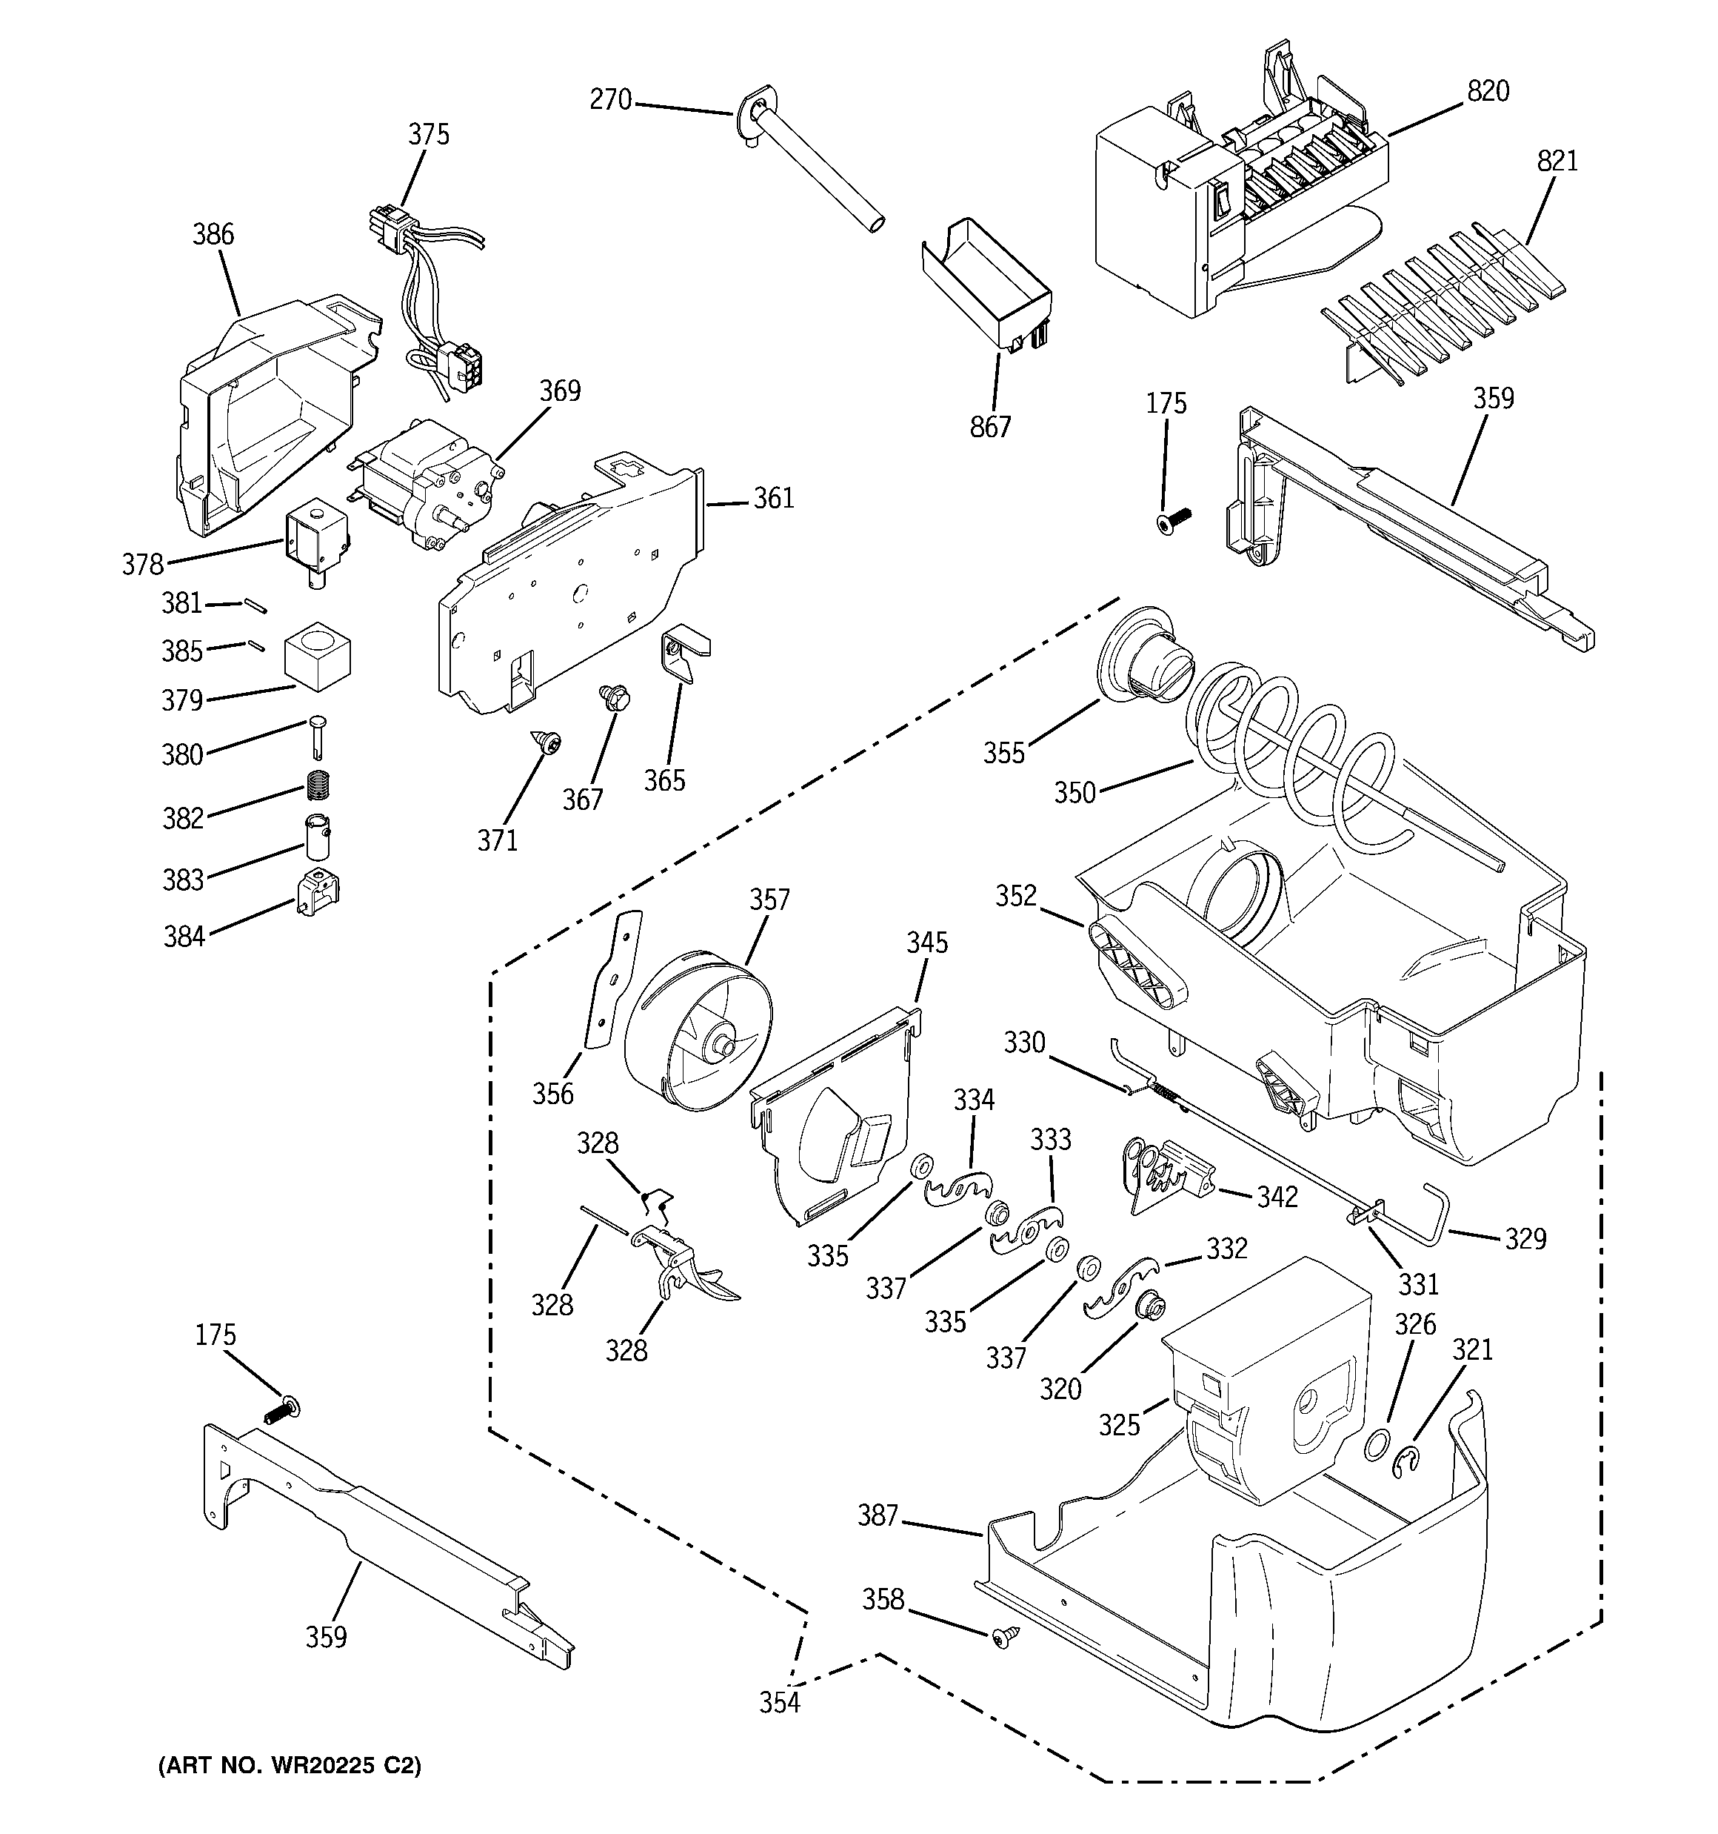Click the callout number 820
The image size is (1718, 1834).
1488,91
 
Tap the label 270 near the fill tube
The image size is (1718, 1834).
610,99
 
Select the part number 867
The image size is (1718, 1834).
990,427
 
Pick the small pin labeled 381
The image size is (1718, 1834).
255,605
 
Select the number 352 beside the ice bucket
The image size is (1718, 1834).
1015,896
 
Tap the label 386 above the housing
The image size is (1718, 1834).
213,234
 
